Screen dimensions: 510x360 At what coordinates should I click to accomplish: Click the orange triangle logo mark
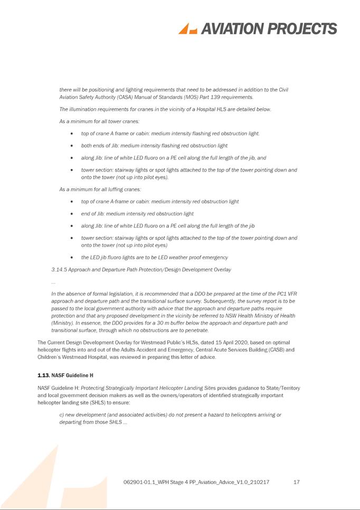187,29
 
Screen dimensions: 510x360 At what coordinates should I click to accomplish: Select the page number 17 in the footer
296,482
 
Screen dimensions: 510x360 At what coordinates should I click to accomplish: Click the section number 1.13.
44,376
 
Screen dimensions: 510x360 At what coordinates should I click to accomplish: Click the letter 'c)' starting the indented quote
62,415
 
